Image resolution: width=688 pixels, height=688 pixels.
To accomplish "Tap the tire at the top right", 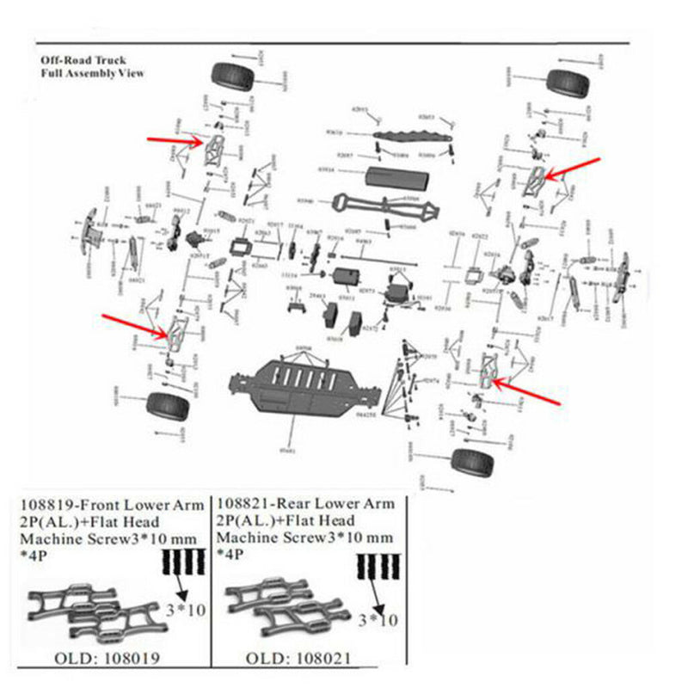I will (x=566, y=83).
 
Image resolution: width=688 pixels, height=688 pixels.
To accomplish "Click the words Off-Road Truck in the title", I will (x=83, y=61).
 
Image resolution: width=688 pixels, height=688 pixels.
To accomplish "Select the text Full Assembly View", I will (x=93, y=74).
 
